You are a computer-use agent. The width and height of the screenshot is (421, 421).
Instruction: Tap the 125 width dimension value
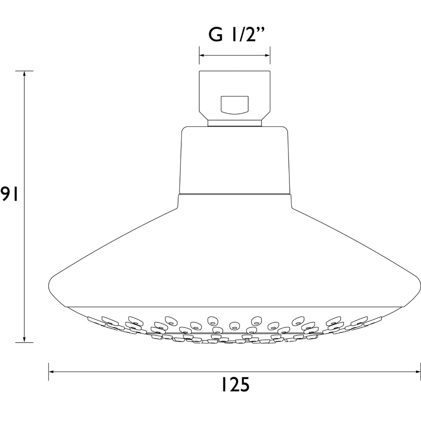click(x=235, y=385)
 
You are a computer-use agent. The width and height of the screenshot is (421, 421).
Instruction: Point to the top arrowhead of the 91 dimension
click(x=24, y=74)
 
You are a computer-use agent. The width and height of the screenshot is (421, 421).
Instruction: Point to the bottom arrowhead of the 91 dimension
click(x=24, y=339)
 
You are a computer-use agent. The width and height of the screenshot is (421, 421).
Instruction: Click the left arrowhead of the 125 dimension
click(x=52, y=372)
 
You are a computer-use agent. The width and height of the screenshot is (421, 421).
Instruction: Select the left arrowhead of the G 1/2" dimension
click(x=202, y=55)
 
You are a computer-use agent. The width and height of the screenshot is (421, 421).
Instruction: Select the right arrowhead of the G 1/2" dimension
click(x=267, y=55)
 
